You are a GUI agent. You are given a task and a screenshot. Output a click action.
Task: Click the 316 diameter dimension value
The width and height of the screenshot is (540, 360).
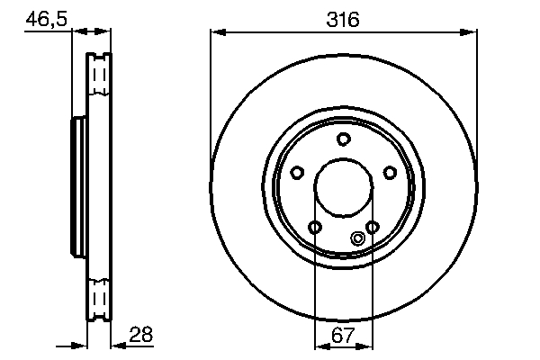click(344, 17)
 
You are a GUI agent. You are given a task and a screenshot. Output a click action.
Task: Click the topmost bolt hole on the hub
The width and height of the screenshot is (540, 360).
click(343, 139)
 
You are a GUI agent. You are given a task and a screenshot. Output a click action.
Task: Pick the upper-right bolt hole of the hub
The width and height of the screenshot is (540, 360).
click(390, 173)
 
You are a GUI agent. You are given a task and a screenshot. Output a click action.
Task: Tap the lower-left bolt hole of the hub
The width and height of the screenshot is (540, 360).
click(314, 227)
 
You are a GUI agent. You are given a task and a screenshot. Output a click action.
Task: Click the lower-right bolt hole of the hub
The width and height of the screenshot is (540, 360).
click(372, 227)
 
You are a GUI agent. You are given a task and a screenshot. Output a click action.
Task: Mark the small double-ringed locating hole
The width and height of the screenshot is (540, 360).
click(358, 238)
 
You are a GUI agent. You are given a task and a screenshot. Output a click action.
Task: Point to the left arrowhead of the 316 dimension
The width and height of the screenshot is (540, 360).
click(215, 33)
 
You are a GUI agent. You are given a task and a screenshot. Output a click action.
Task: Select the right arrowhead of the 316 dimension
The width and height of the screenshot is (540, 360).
click(471, 33)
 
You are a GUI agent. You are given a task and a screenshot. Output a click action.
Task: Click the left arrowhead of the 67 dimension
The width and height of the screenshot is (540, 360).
click(319, 346)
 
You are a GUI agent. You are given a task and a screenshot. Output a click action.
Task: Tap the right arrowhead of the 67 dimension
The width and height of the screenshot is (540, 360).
click(367, 346)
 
